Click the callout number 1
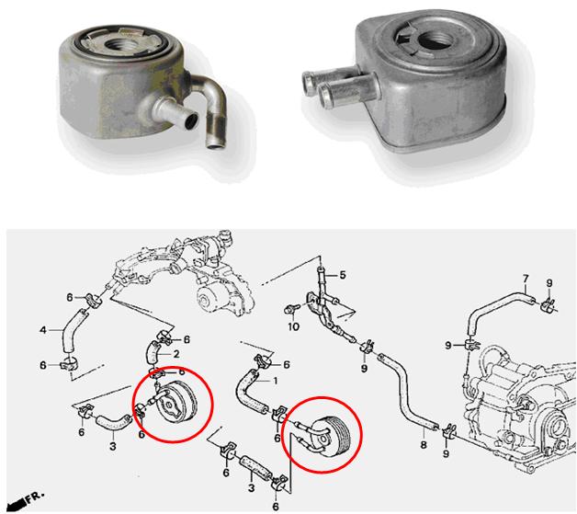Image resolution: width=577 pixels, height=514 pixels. click(275, 381)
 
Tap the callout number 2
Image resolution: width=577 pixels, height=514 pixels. click(176, 354)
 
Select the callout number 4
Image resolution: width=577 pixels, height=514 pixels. click(43, 330)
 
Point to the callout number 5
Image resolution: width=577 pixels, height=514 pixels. click(343, 275)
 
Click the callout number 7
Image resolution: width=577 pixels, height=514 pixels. click(526, 279)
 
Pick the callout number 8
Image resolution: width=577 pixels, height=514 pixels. click(424, 445)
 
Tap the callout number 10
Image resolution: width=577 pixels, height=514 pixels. click(293, 326)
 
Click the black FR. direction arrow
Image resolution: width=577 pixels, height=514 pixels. click(17, 501)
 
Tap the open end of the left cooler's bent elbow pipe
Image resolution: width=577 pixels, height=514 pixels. click(215, 145)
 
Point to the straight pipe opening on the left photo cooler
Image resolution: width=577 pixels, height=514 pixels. click(191, 122)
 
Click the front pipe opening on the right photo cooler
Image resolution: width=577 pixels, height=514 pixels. click(325, 95)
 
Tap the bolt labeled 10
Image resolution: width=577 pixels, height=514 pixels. click(289, 309)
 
